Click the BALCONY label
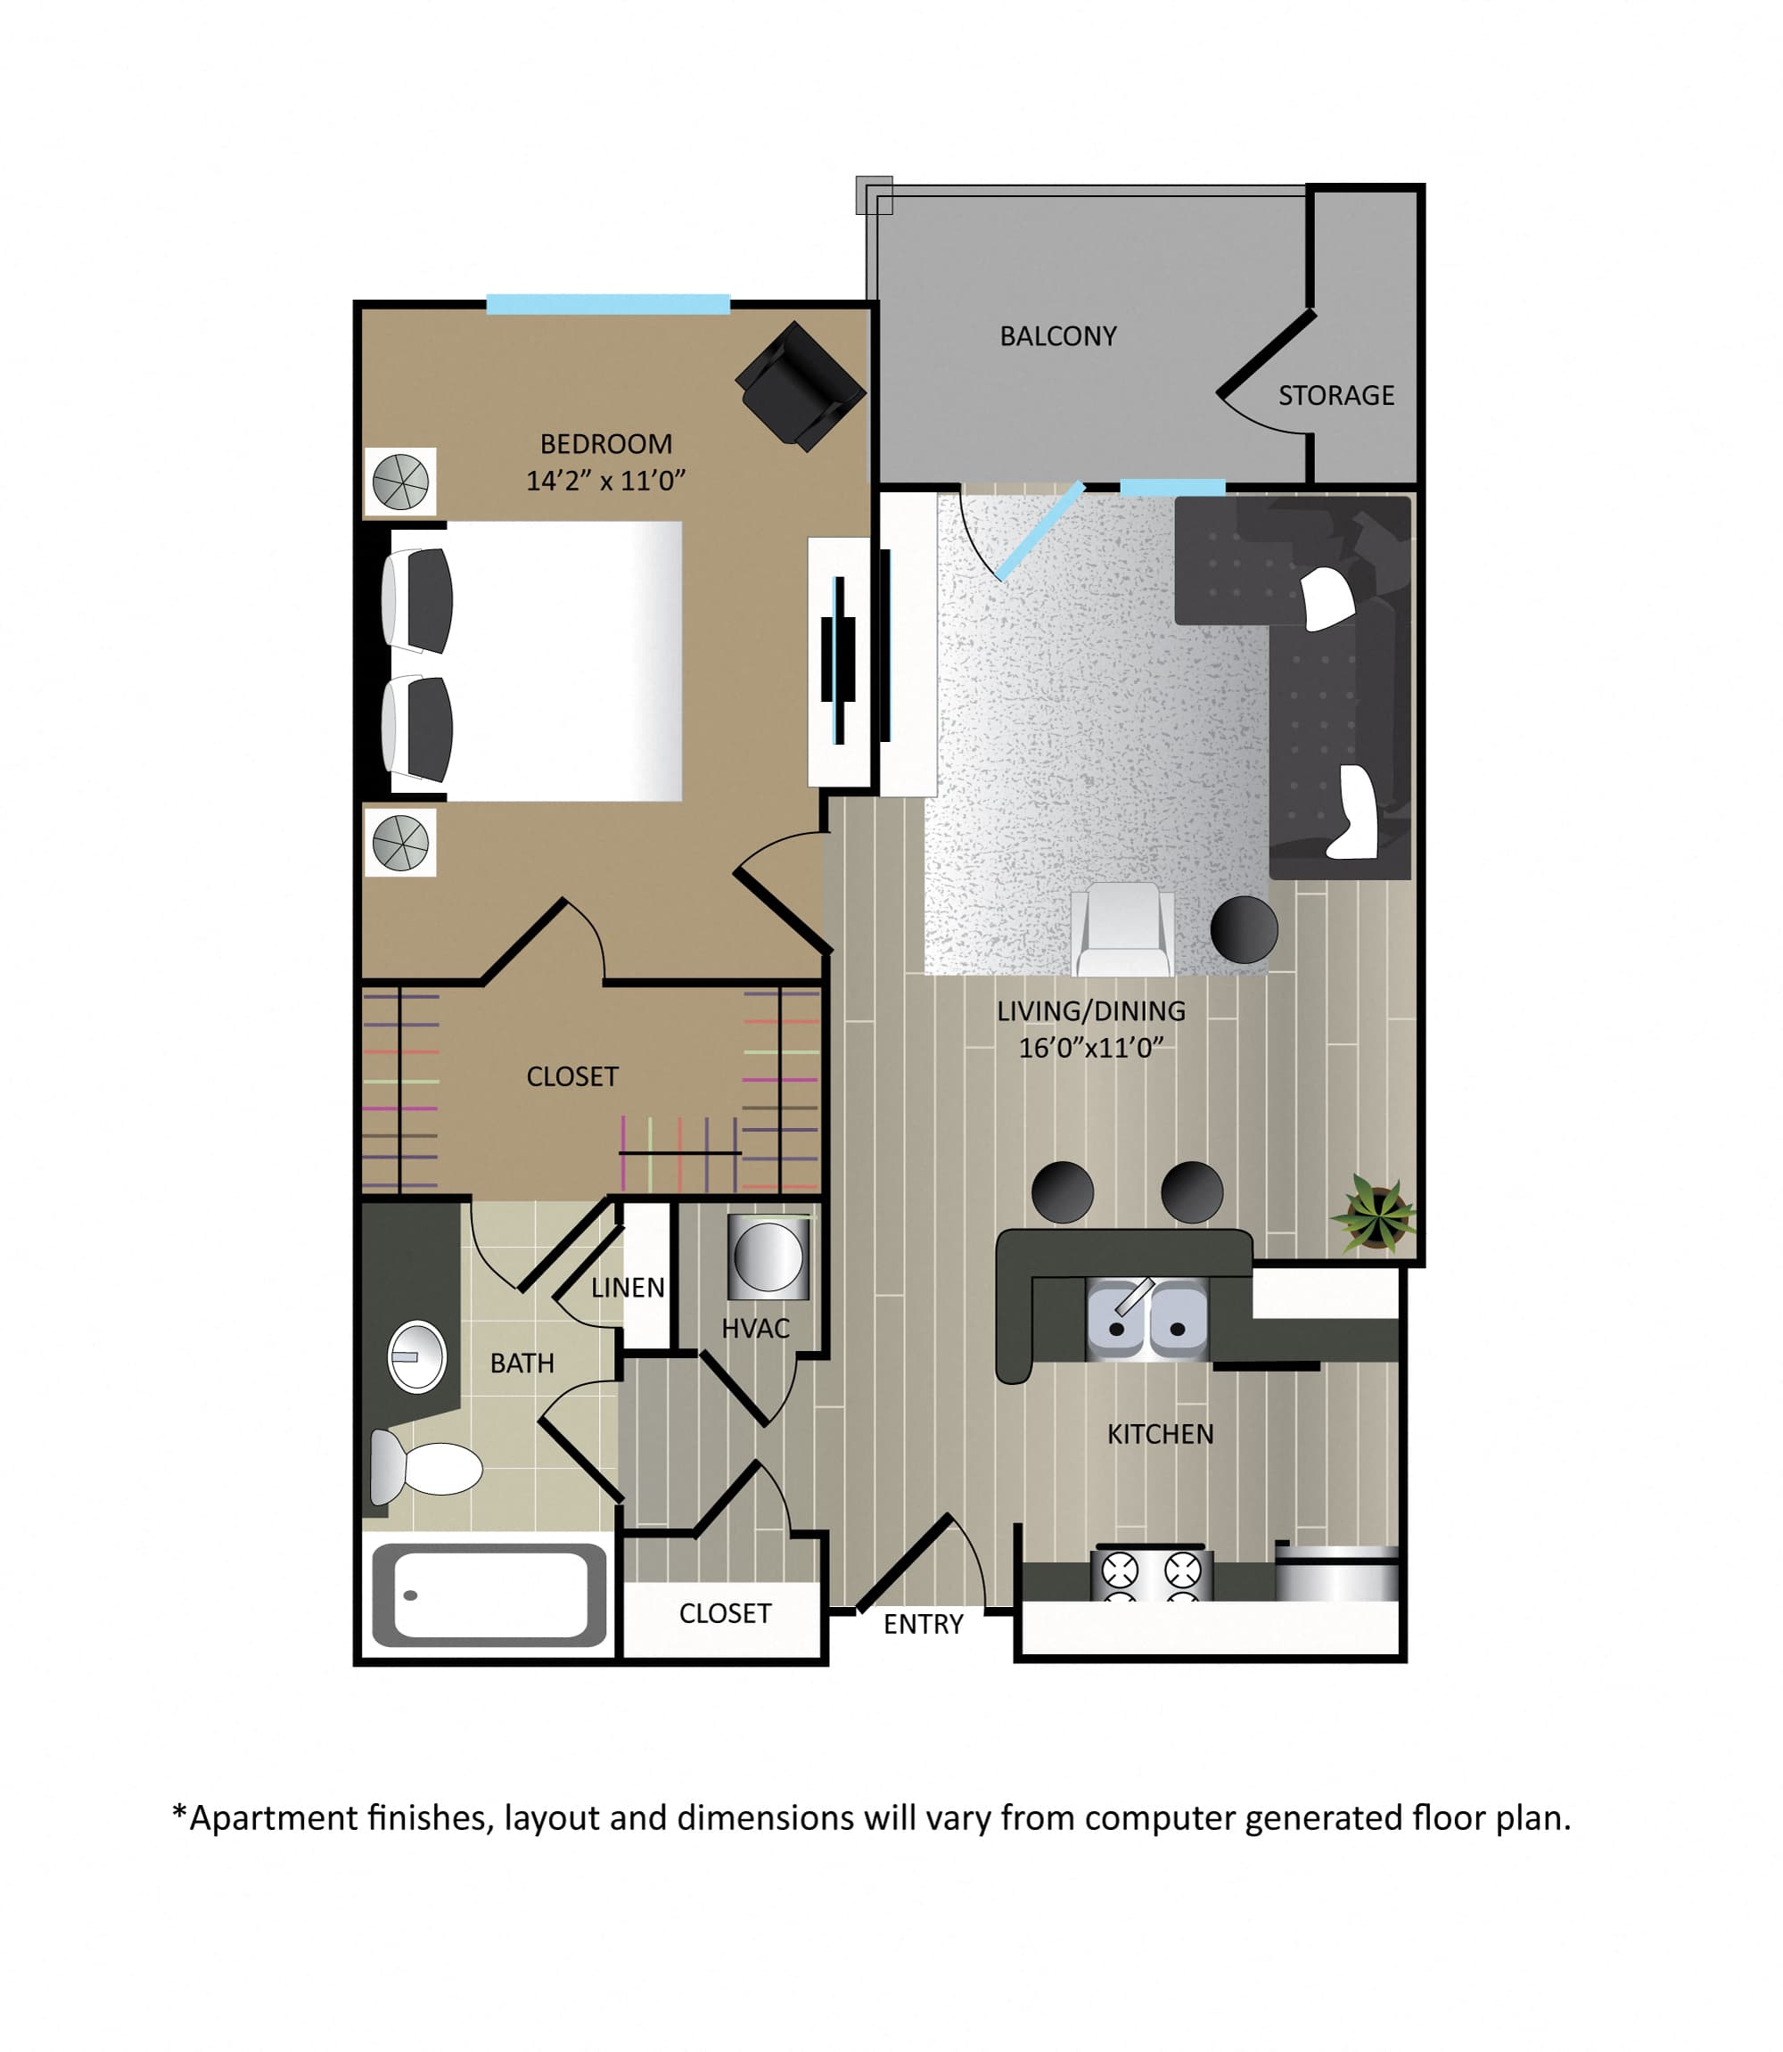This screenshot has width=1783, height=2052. pos(1057,336)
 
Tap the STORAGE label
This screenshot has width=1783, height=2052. pos(1336,396)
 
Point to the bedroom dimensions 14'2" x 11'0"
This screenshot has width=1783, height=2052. pos(606,481)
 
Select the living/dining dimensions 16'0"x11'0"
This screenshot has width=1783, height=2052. pos(1091,1048)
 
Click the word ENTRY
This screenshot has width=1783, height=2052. pos(924,1625)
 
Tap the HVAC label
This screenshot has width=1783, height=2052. pos(755,1329)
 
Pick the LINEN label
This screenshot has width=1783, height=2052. pos(628,1288)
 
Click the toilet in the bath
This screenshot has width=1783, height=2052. pos(426,1468)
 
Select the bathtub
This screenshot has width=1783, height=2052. pos(489,1595)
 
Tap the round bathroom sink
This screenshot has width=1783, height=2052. pos(417,1356)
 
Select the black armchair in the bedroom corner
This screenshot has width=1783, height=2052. pos(801,385)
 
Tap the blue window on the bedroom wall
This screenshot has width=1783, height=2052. pos(608,304)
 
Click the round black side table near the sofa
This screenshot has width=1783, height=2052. pos(1244,929)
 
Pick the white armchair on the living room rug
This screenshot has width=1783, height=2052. pos(1122,929)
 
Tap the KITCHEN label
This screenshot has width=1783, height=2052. pos(1160,1434)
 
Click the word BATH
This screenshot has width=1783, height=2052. pos(522,1364)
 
